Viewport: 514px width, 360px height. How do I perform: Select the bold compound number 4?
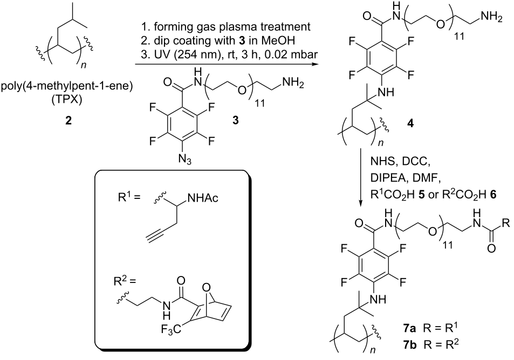click(x=410, y=123)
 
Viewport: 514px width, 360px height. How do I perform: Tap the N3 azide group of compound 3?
click(x=185, y=160)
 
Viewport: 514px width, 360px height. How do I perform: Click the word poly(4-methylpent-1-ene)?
click(x=67, y=88)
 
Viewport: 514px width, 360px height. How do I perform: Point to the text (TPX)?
click(x=66, y=99)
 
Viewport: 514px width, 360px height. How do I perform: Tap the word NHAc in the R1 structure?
click(x=202, y=198)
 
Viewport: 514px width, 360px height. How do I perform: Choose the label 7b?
click(x=410, y=344)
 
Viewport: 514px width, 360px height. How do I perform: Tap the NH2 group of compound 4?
click(x=490, y=16)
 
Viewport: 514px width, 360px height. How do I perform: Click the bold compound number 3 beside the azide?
click(x=235, y=121)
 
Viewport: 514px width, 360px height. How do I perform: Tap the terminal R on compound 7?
click(x=506, y=224)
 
